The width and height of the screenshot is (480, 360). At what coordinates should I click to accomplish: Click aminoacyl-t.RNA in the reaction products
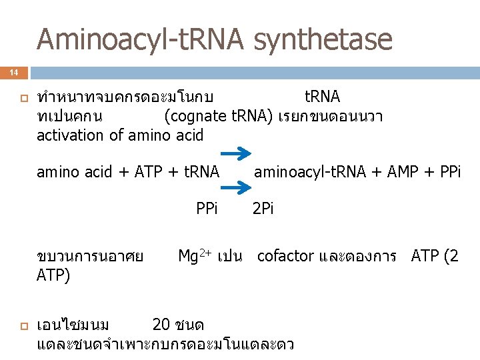308,173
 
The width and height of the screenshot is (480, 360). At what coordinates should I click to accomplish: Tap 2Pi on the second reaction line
263,209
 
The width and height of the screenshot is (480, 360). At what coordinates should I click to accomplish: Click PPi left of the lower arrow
207,209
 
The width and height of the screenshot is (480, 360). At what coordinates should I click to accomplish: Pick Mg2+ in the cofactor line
195,255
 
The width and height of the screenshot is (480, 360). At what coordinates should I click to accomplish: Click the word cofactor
286,256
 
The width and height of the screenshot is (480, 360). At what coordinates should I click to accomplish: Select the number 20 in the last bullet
161,325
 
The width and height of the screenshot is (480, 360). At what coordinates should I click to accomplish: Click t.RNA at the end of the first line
322,97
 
